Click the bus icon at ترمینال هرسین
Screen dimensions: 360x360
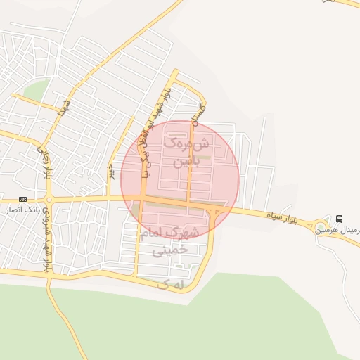[x=340, y=219]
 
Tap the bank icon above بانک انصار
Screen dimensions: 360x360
[x=23, y=200]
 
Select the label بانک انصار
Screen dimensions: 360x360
[x=24, y=210]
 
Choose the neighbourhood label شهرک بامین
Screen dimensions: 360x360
[x=187, y=152]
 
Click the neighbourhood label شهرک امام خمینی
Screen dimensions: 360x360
[x=171, y=240]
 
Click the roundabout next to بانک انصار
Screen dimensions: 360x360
[x=48, y=211]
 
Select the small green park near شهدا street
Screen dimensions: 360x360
[x=37, y=91]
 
